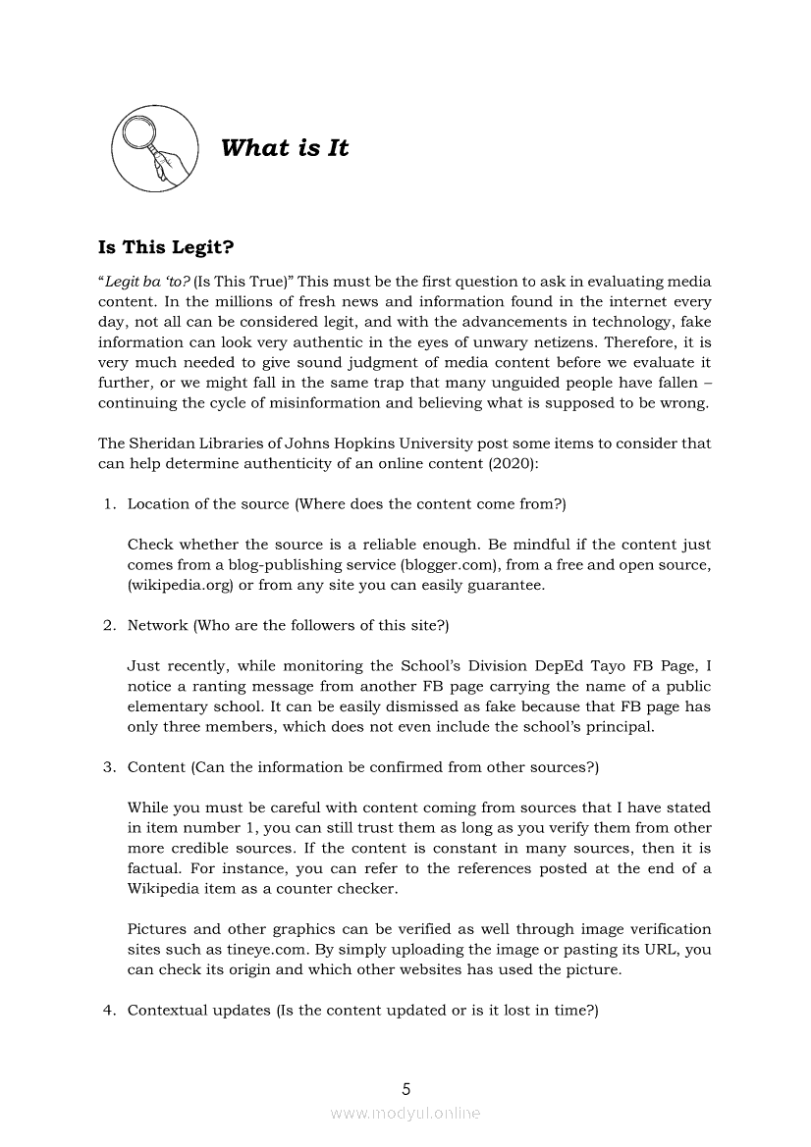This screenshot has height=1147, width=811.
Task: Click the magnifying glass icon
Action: [x=155, y=148]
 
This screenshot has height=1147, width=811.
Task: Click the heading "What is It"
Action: [x=285, y=148]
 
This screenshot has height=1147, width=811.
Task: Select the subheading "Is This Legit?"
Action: [x=172, y=248]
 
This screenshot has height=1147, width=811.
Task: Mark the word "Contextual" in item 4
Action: [x=165, y=1011]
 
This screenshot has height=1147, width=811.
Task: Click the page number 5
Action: [x=406, y=1088]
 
